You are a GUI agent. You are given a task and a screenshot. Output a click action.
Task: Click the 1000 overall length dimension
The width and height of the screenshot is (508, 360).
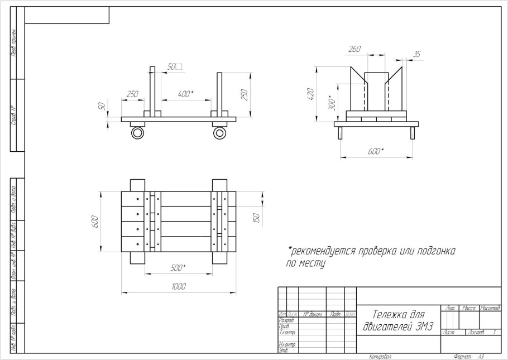tap(179, 286)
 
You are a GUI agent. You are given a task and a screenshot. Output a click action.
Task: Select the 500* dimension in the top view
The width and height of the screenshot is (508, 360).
tap(178, 268)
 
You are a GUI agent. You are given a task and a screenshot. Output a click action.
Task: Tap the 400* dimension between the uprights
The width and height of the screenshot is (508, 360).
tap(185, 94)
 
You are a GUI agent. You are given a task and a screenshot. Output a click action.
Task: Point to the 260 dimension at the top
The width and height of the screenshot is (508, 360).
tap(354, 49)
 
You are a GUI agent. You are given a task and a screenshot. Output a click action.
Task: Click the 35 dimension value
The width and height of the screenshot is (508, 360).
tap(416, 54)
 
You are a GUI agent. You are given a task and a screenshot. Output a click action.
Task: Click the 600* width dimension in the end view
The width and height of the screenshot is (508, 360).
tap(376, 151)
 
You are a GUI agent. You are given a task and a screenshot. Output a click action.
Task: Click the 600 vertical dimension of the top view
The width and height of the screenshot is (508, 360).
tap(95, 221)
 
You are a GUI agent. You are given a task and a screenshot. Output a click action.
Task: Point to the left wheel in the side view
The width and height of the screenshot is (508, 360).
tap(137, 133)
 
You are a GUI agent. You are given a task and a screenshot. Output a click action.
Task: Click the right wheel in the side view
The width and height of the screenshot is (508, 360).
tap(219, 133)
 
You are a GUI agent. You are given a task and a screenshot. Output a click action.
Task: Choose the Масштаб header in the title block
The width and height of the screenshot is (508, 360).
tap(490, 309)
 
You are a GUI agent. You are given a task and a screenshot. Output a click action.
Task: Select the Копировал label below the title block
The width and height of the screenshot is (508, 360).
tap(380, 356)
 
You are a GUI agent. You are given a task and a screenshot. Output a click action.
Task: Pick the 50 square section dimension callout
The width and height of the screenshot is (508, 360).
tap(174, 66)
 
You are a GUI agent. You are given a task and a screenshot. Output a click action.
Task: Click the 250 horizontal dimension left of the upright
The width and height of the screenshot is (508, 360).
tap(132, 94)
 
